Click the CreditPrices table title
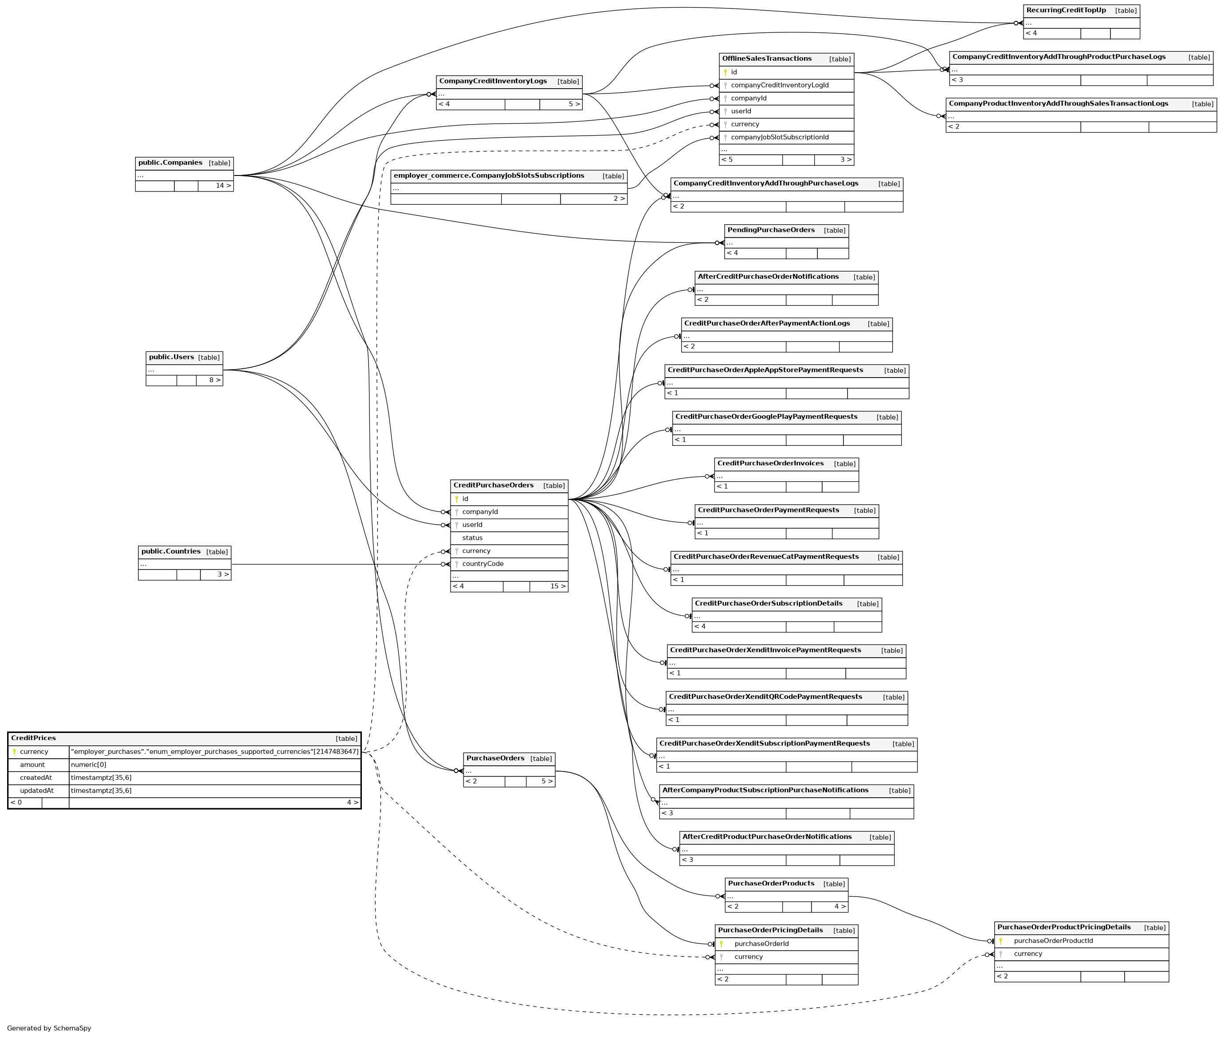point(34,738)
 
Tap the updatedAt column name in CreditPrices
point(36,791)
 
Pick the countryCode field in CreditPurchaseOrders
point(483,564)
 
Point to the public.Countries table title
point(171,551)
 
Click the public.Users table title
point(171,357)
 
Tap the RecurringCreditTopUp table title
point(1066,10)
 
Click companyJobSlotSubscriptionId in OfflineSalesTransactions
point(779,137)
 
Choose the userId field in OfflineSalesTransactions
point(741,111)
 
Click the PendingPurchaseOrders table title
point(770,230)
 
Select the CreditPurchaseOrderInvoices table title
point(770,463)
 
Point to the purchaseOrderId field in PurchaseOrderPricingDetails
point(761,943)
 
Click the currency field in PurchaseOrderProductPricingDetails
point(1028,954)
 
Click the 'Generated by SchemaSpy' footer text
point(49,1028)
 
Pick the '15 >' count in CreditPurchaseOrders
point(557,586)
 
